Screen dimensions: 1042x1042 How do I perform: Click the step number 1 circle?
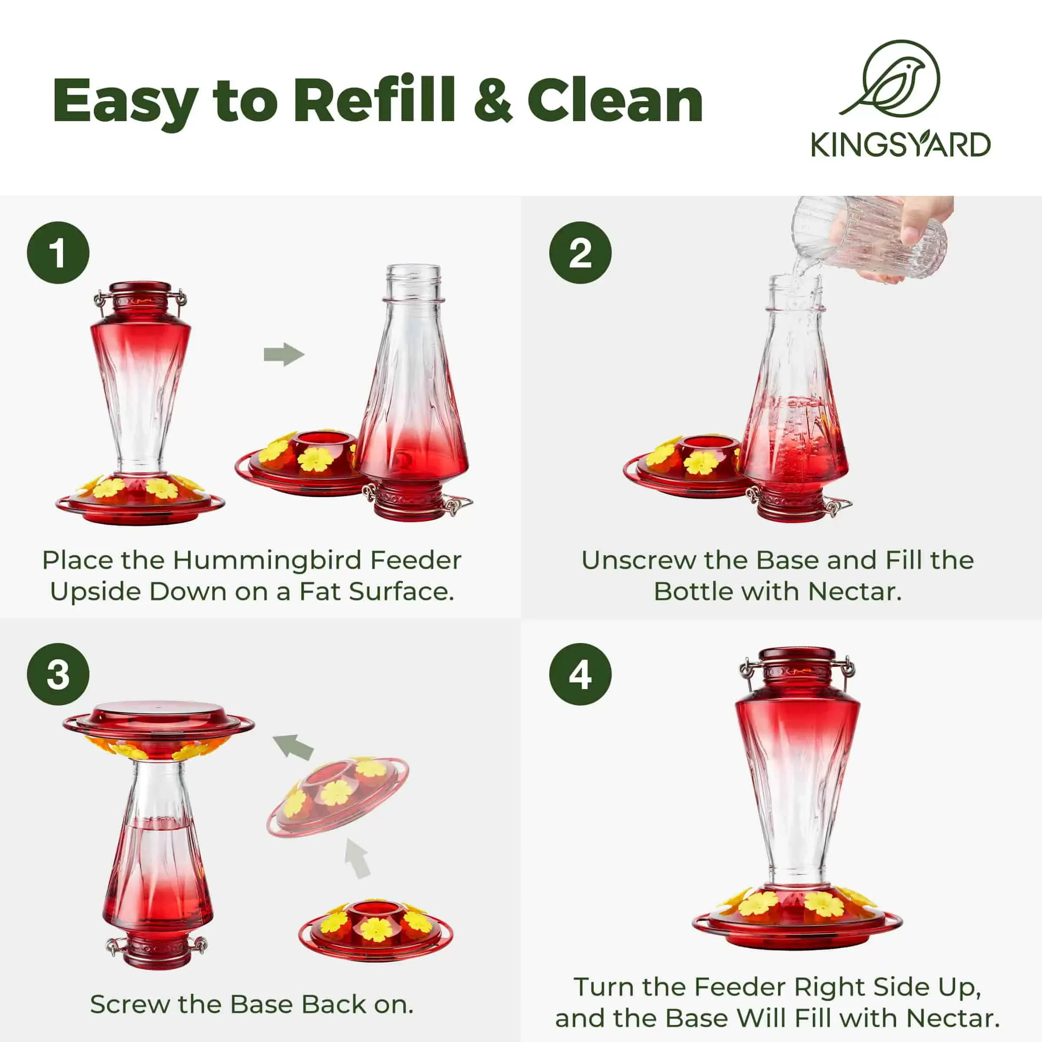point(58,252)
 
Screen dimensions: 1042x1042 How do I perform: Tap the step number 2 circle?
point(580,252)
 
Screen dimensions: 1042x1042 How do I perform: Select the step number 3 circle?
point(58,674)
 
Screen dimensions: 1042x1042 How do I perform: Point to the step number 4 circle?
point(580,674)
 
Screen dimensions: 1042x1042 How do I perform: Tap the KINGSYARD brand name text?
point(901,145)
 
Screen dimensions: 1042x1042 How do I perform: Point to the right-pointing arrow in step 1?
point(284,354)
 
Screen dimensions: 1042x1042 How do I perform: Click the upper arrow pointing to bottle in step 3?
point(293,746)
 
